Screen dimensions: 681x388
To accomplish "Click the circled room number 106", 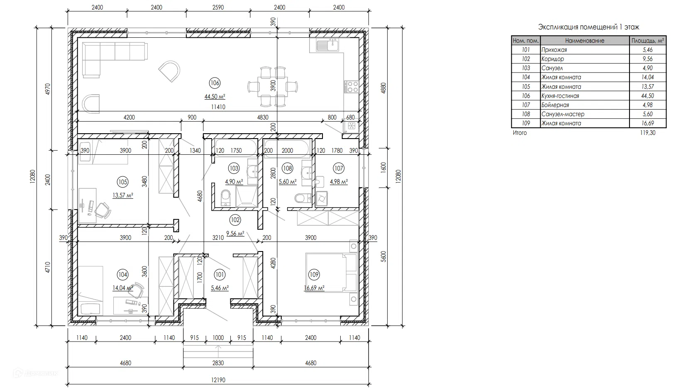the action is tap(215, 83).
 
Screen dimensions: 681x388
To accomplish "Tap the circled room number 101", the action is tap(220, 275).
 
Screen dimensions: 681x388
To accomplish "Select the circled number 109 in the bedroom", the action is tap(314, 275).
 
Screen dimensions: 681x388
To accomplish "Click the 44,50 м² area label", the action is tap(215, 97).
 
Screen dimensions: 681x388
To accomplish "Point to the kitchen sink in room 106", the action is tap(328, 46).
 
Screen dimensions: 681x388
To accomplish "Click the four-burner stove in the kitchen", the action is tap(351, 87).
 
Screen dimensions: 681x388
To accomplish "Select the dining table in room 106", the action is tap(272, 87).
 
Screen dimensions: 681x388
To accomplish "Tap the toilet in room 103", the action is tap(226, 198).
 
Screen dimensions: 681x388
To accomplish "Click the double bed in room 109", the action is tap(331, 273).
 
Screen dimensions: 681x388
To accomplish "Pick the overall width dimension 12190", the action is tap(218, 380).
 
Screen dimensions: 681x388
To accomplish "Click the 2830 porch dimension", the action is tap(218, 363).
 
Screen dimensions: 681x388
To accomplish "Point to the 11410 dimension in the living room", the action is tap(218, 107).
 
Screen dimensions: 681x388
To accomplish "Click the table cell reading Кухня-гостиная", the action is tap(560, 96).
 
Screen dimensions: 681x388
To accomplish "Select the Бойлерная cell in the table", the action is tap(555, 105).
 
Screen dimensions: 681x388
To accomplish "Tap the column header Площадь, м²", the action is tap(647, 40).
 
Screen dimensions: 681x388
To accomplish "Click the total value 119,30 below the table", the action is tap(647, 132).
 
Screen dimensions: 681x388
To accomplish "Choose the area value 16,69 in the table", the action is tap(647, 123).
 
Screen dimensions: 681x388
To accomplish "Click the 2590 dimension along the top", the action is tap(218, 7).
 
